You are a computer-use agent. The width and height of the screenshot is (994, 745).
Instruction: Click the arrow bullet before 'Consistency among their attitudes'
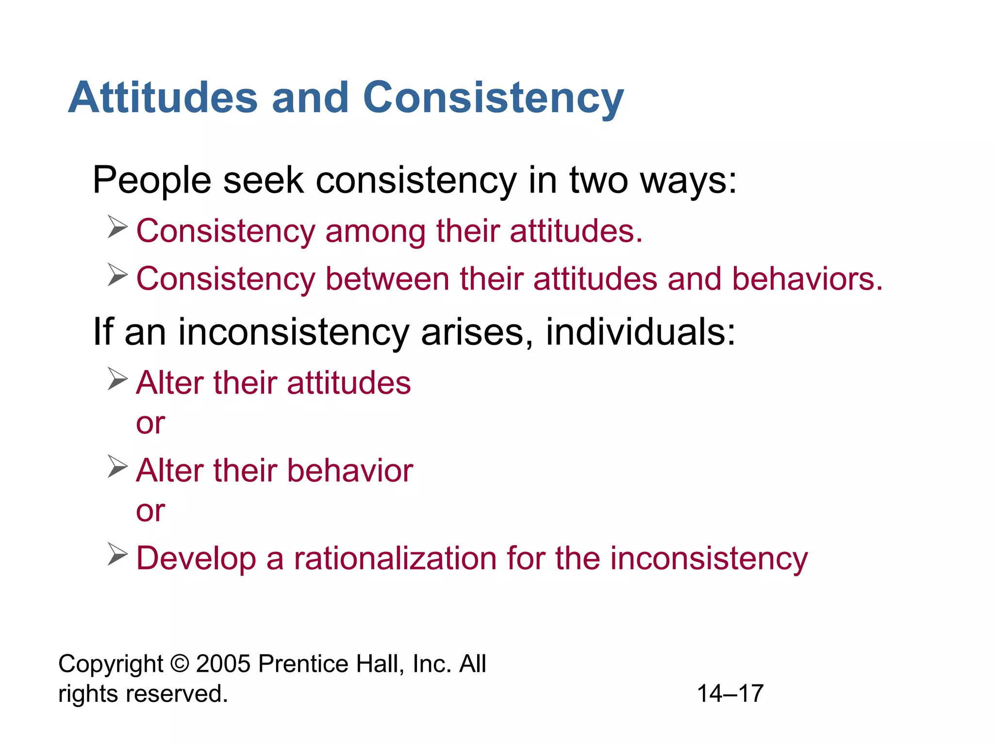(117, 227)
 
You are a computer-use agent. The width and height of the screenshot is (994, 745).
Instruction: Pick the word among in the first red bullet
(375, 231)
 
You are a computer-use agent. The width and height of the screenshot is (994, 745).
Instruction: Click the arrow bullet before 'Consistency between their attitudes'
(117, 275)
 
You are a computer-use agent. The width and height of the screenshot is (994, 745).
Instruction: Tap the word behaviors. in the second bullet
(807, 279)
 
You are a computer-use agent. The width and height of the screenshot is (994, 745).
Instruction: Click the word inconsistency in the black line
(294, 333)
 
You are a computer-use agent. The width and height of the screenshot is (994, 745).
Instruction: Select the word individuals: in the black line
(641, 333)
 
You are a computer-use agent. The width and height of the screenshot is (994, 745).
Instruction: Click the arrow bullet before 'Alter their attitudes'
(117, 379)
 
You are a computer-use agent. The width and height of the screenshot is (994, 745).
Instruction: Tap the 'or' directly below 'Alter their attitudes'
(150, 423)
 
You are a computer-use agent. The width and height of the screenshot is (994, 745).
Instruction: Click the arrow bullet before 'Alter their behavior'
(117, 467)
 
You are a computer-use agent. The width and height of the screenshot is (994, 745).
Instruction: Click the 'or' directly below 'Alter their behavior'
(150, 511)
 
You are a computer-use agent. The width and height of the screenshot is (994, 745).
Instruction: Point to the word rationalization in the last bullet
(395, 558)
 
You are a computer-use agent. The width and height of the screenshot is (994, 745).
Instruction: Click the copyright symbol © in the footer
(180, 664)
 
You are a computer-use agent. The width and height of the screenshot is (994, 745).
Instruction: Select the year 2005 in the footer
(223, 664)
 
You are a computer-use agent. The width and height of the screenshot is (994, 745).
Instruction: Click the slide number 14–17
(730, 694)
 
